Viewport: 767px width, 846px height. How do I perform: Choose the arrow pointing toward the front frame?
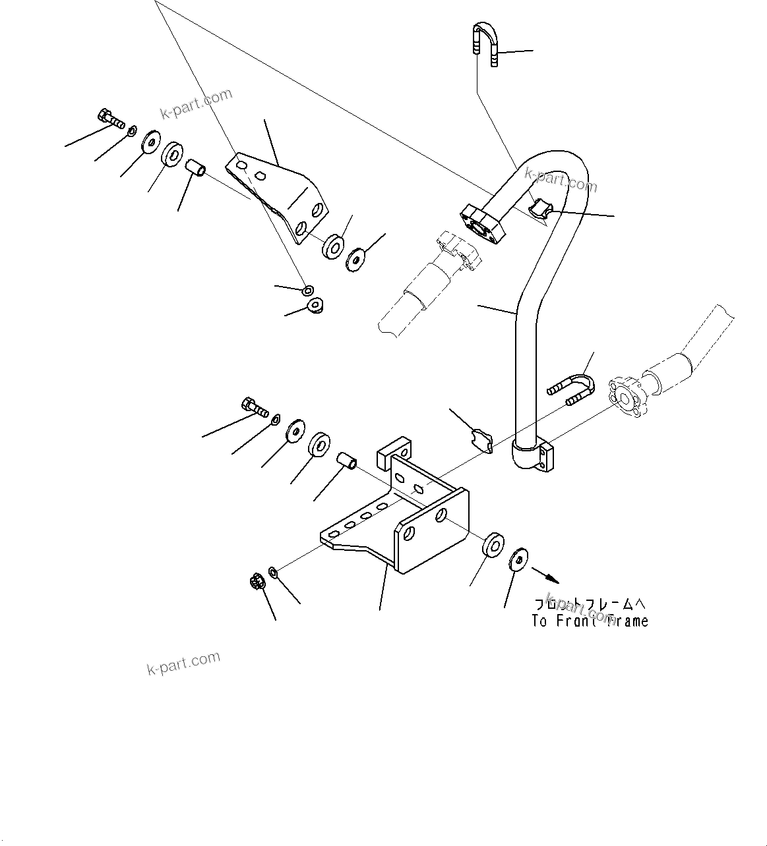[545, 575]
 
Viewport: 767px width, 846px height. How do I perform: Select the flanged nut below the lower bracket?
[257, 581]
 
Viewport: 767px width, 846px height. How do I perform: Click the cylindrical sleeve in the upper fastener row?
[195, 168]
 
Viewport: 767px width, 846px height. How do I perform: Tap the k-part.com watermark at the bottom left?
[183, 663]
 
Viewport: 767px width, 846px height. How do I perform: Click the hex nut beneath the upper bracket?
[315, 306]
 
